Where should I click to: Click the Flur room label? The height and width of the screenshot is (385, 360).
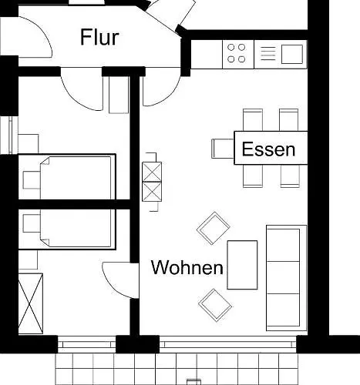tap(99, 38)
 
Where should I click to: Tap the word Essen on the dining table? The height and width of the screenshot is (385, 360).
tap(268, 149)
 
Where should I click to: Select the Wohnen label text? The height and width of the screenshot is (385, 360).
tap(187, 267)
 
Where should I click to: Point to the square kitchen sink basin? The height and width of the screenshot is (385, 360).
tap(292, 54)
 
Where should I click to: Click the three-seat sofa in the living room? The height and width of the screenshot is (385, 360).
tap(287, 278)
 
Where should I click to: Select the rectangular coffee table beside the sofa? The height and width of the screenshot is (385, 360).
tap(242, 265)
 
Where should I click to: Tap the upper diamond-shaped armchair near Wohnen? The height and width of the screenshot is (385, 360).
tap(214, 228)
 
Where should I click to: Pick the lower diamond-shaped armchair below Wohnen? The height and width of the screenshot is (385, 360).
tap(215, 305)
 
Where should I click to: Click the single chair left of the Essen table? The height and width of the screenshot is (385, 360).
tap(223, 149)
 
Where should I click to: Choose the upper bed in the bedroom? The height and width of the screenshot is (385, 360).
tap(76, 178)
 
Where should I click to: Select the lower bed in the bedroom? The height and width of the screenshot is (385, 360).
tap(76, 228)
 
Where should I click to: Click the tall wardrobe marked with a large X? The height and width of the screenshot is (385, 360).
tap(31, 303)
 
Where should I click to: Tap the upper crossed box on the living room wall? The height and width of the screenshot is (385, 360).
tap(152, 172)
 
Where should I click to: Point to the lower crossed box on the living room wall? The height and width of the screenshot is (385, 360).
tap(152, 192)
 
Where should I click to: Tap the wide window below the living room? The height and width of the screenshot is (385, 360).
tap(228, 344)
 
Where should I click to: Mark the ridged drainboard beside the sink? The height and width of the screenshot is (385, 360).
tap(267, 54)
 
